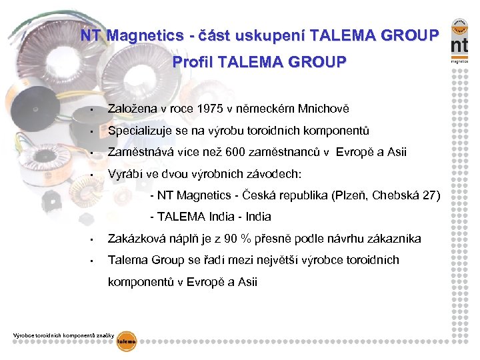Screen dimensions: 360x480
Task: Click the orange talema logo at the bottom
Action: pos(126,341)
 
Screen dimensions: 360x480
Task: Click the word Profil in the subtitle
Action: pos(191,63)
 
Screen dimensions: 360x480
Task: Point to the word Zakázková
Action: pos(136,238)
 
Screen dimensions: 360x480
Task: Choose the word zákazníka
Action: pos(397,238)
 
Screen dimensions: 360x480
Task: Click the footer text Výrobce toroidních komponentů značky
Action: pos(64,334)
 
